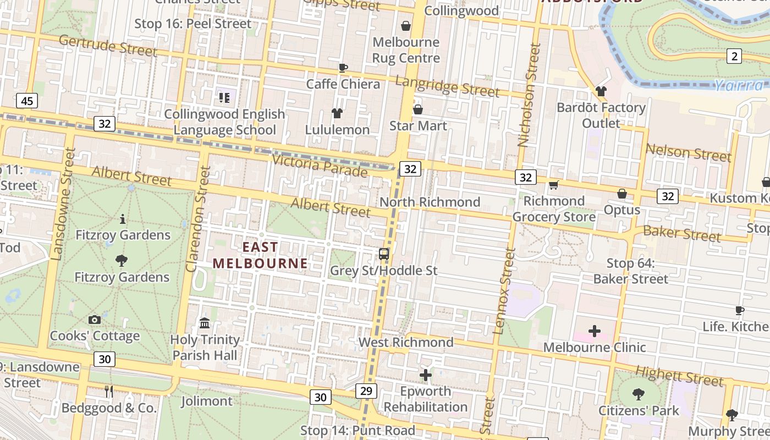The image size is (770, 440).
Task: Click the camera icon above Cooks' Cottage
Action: pyautogui.click(x=94, y=320)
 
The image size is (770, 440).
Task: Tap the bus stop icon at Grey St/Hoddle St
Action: pyautogui.click(x=384, y=254)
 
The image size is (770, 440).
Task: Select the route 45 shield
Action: pyautogui.click(x=27, y=101)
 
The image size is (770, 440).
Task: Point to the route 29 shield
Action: pyautogui.click(x=366, y=391)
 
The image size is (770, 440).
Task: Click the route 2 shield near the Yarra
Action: pyautogui.click(x=734, y=56)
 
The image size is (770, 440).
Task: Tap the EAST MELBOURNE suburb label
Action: pyautogui.click(x=260, y=255)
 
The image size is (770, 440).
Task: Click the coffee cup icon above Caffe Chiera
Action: pyautogui.click(x=343, y=68)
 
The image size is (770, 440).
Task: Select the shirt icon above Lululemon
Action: pyautogui.click(x=337, y=113)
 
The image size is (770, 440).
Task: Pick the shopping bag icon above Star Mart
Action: pyautogui.click(x=418, y=109)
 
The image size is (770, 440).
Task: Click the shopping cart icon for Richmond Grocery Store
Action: pyautogui.click(x=554, y=185)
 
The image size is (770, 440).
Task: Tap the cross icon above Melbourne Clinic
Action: pyautogui.click(x=595, y=331)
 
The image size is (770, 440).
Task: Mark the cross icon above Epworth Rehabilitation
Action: pyautogui.click(x=426, y=375)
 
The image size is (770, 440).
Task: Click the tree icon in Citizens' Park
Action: pyautogui.click(x=638, y=394)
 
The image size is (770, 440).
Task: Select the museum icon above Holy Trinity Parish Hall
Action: pyautogui.click(x=205, y=323)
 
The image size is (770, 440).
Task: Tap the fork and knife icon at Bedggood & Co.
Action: pyautogui.click(x=109, y=392)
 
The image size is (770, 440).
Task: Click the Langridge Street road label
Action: pyautogui.click(x=447, y=86)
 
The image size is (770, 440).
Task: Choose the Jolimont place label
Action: pyautogui.click(x=207, y=401)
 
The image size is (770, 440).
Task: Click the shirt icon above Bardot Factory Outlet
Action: pyautogui.click(x=601, y=91)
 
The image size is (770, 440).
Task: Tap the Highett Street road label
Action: pyautogui.click(x=679, y=376)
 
